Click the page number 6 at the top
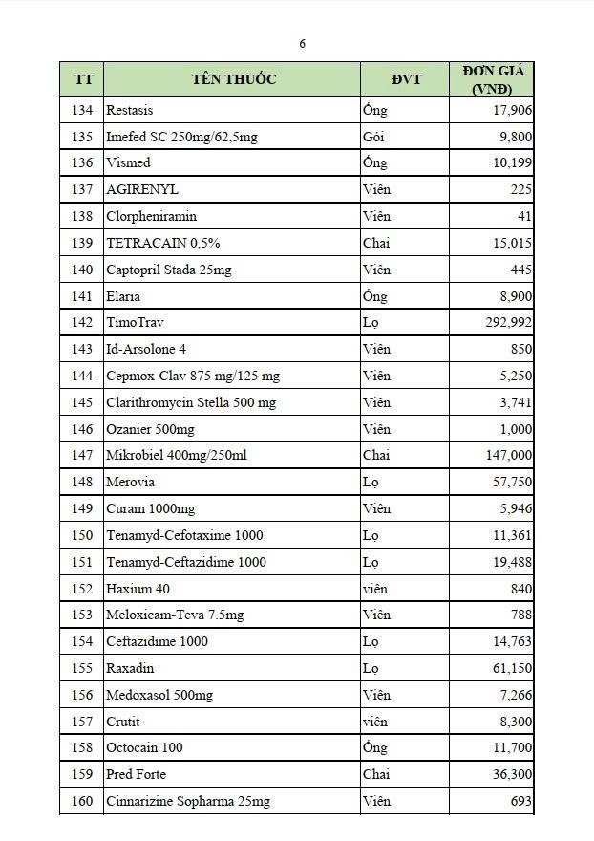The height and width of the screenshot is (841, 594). [303, 44]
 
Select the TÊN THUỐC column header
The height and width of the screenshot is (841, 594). [233, 79]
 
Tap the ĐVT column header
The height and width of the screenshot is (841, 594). [406, 79]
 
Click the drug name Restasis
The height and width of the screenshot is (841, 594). [130, 110]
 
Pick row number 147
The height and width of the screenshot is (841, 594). [83, 456]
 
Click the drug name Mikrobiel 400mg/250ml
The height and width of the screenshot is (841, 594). [177, 456]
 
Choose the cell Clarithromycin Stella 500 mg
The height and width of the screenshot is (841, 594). [191, 402]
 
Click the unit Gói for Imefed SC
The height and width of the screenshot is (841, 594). [373, 137]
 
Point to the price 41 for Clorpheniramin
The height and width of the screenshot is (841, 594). [523, 216]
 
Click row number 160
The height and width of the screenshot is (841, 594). [83, 801]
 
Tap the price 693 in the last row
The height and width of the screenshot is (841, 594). [521, 801]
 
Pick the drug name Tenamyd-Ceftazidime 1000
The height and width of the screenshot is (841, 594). [186, 562]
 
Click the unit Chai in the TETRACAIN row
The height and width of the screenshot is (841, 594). [376, 243]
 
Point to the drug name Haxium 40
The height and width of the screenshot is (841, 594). [138, 589]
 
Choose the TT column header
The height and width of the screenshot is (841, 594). [83, 79]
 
